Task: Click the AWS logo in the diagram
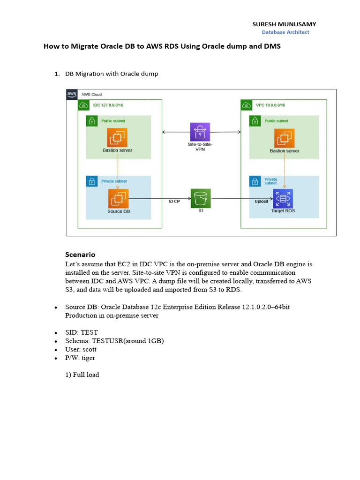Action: (x=72, y=94)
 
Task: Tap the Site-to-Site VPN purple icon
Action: (x=200, y=132)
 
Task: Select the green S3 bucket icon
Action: (x=201, y=198)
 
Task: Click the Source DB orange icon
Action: (x=118, y=199)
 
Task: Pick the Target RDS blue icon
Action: (x=283, y=199)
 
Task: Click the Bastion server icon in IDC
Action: (x=117, y=138)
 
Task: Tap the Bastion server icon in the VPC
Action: (x=284, y=138)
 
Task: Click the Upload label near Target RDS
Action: (x=261, y=202)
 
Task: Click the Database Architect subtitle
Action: (x=285, y=32)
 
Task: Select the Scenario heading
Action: (x=80, y=255)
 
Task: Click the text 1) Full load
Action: (x=82, y=375)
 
